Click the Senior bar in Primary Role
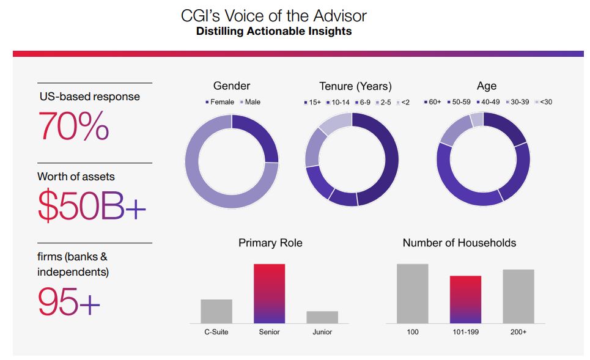point(269,293)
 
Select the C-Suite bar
point(216,311)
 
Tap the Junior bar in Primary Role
point(322,317)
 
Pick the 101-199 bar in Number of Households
point(465,299)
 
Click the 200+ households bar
point(518,296)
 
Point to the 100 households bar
point(412,293)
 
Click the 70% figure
point(73,127)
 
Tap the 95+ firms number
point(68,301)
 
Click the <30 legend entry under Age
point(545,102)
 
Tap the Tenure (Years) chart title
point(355,86)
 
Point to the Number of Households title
point(459,243)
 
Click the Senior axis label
point(269,332)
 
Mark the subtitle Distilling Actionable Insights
point(274,31)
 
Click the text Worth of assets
point(76,177)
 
